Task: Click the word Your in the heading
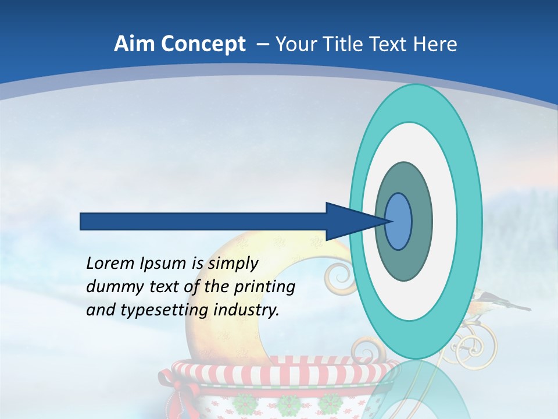click(295, 44)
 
